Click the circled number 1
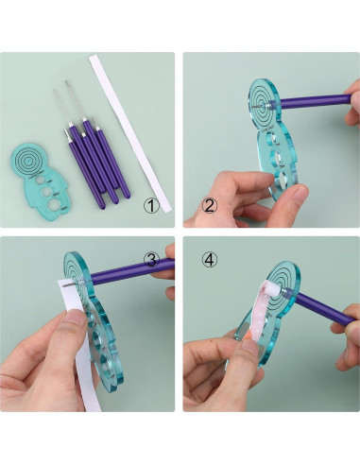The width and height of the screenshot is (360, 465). pos(150,204)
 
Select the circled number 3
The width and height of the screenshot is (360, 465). pos(150,259)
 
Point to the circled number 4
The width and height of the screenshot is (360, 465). pos(208,258)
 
